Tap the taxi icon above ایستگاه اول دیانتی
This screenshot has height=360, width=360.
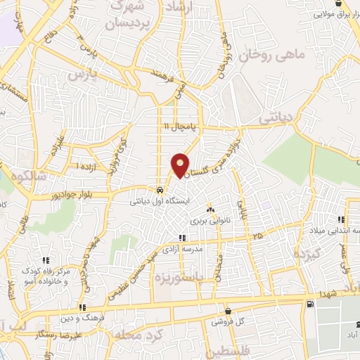[x=161, y=190]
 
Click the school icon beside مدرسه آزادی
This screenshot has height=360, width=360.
[x=182, y=238]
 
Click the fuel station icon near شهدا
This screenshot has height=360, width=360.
[x=310, y=303]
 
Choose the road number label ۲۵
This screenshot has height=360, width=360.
[x=259, y=234]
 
